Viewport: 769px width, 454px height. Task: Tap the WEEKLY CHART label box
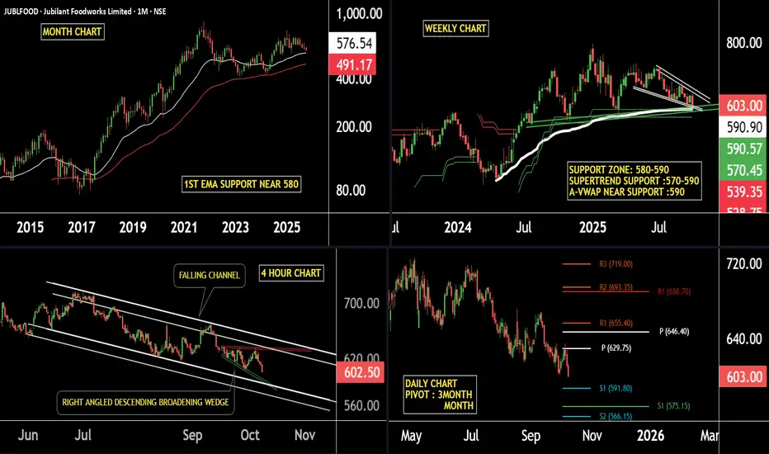455,28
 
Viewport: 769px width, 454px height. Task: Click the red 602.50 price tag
360,373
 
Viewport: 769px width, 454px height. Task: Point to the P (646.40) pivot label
674,331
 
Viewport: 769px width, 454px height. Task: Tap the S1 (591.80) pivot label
587,387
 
